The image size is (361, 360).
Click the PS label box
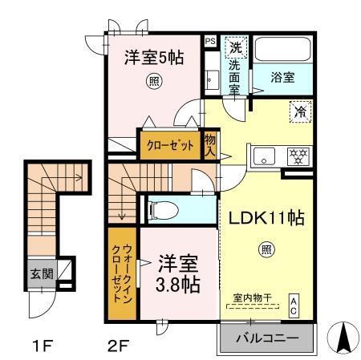click(210, 40)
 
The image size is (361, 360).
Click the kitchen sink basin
click(263, 156)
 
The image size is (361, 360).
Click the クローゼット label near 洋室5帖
click(171, 147)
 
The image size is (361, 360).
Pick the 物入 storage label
click(211, 146)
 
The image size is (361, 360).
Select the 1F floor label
click(42, 346)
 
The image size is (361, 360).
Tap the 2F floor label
click(119, 346)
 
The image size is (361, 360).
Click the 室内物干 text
click(252, 298)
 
